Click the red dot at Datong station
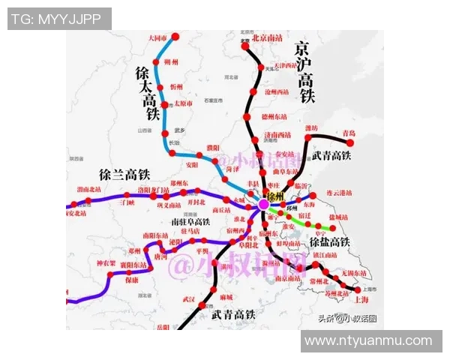pos(175,36)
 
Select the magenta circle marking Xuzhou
pos(263,204)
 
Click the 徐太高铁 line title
pos(148,92)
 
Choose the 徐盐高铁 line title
pos(329,242)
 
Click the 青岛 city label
pos(349,133)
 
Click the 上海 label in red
pos(362,298)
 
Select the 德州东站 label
pos(274,117)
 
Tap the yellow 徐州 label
pos(275,196)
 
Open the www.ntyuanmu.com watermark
pos(369,341)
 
